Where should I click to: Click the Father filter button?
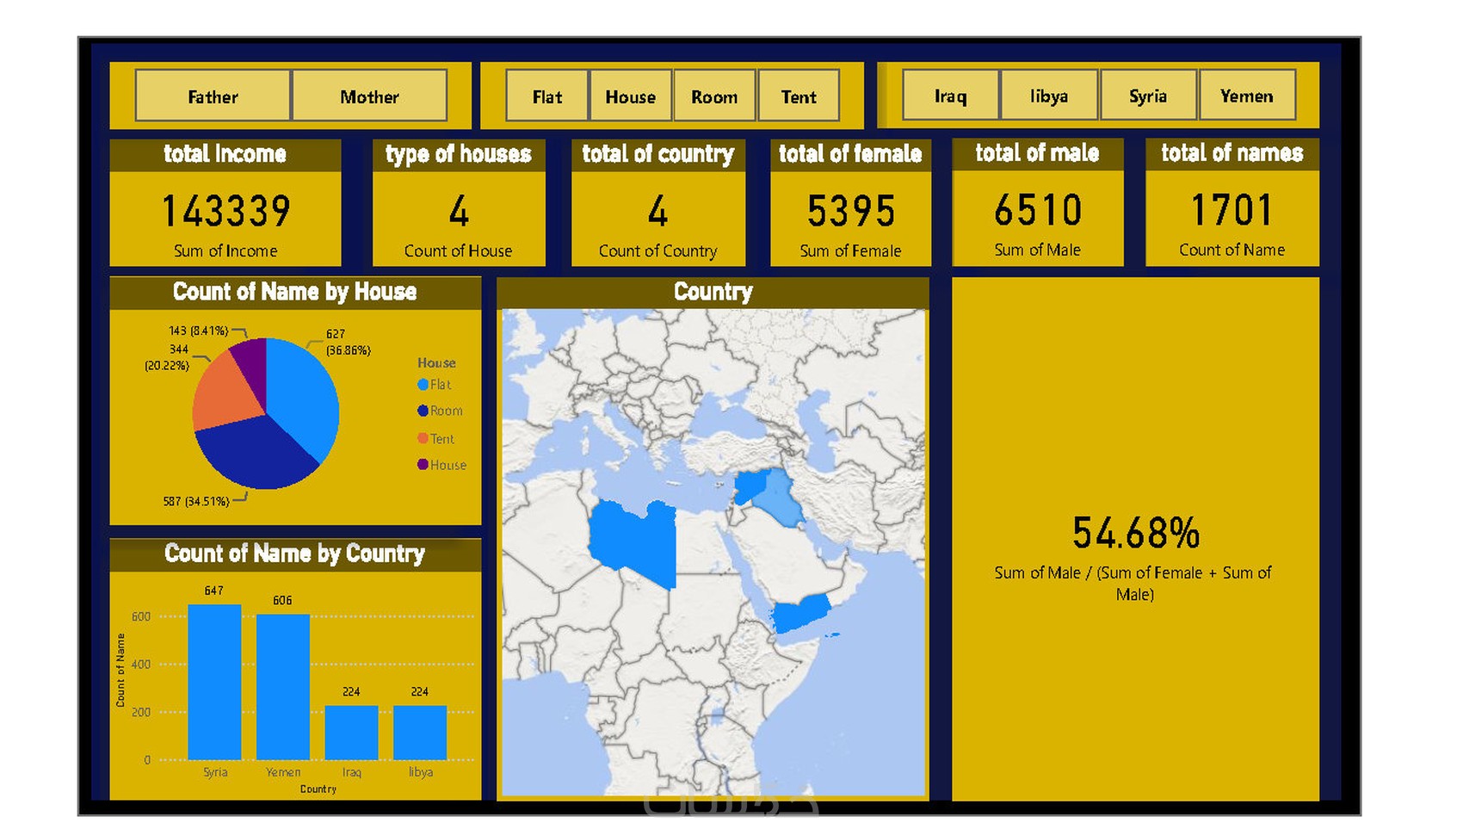pos(213,96)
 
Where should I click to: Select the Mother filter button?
pos(369,96)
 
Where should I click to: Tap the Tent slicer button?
pos(799,96)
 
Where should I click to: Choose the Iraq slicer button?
pos(950,96)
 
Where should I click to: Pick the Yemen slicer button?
pos(1246,96)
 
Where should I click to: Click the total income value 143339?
pos(226,212)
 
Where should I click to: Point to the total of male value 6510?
pos(1037,211)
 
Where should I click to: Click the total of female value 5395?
pos(850,212)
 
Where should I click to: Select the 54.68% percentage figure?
pos(1135,533)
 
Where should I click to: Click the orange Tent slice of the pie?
pos(225,392)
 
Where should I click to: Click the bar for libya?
pos(420,732)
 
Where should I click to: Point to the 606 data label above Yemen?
pos(282,600)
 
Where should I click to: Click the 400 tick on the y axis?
pos(141,665)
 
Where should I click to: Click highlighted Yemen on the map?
pos(800,614)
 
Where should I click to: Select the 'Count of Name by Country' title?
pos(294,554)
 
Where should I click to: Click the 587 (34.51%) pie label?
pos(196,501)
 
